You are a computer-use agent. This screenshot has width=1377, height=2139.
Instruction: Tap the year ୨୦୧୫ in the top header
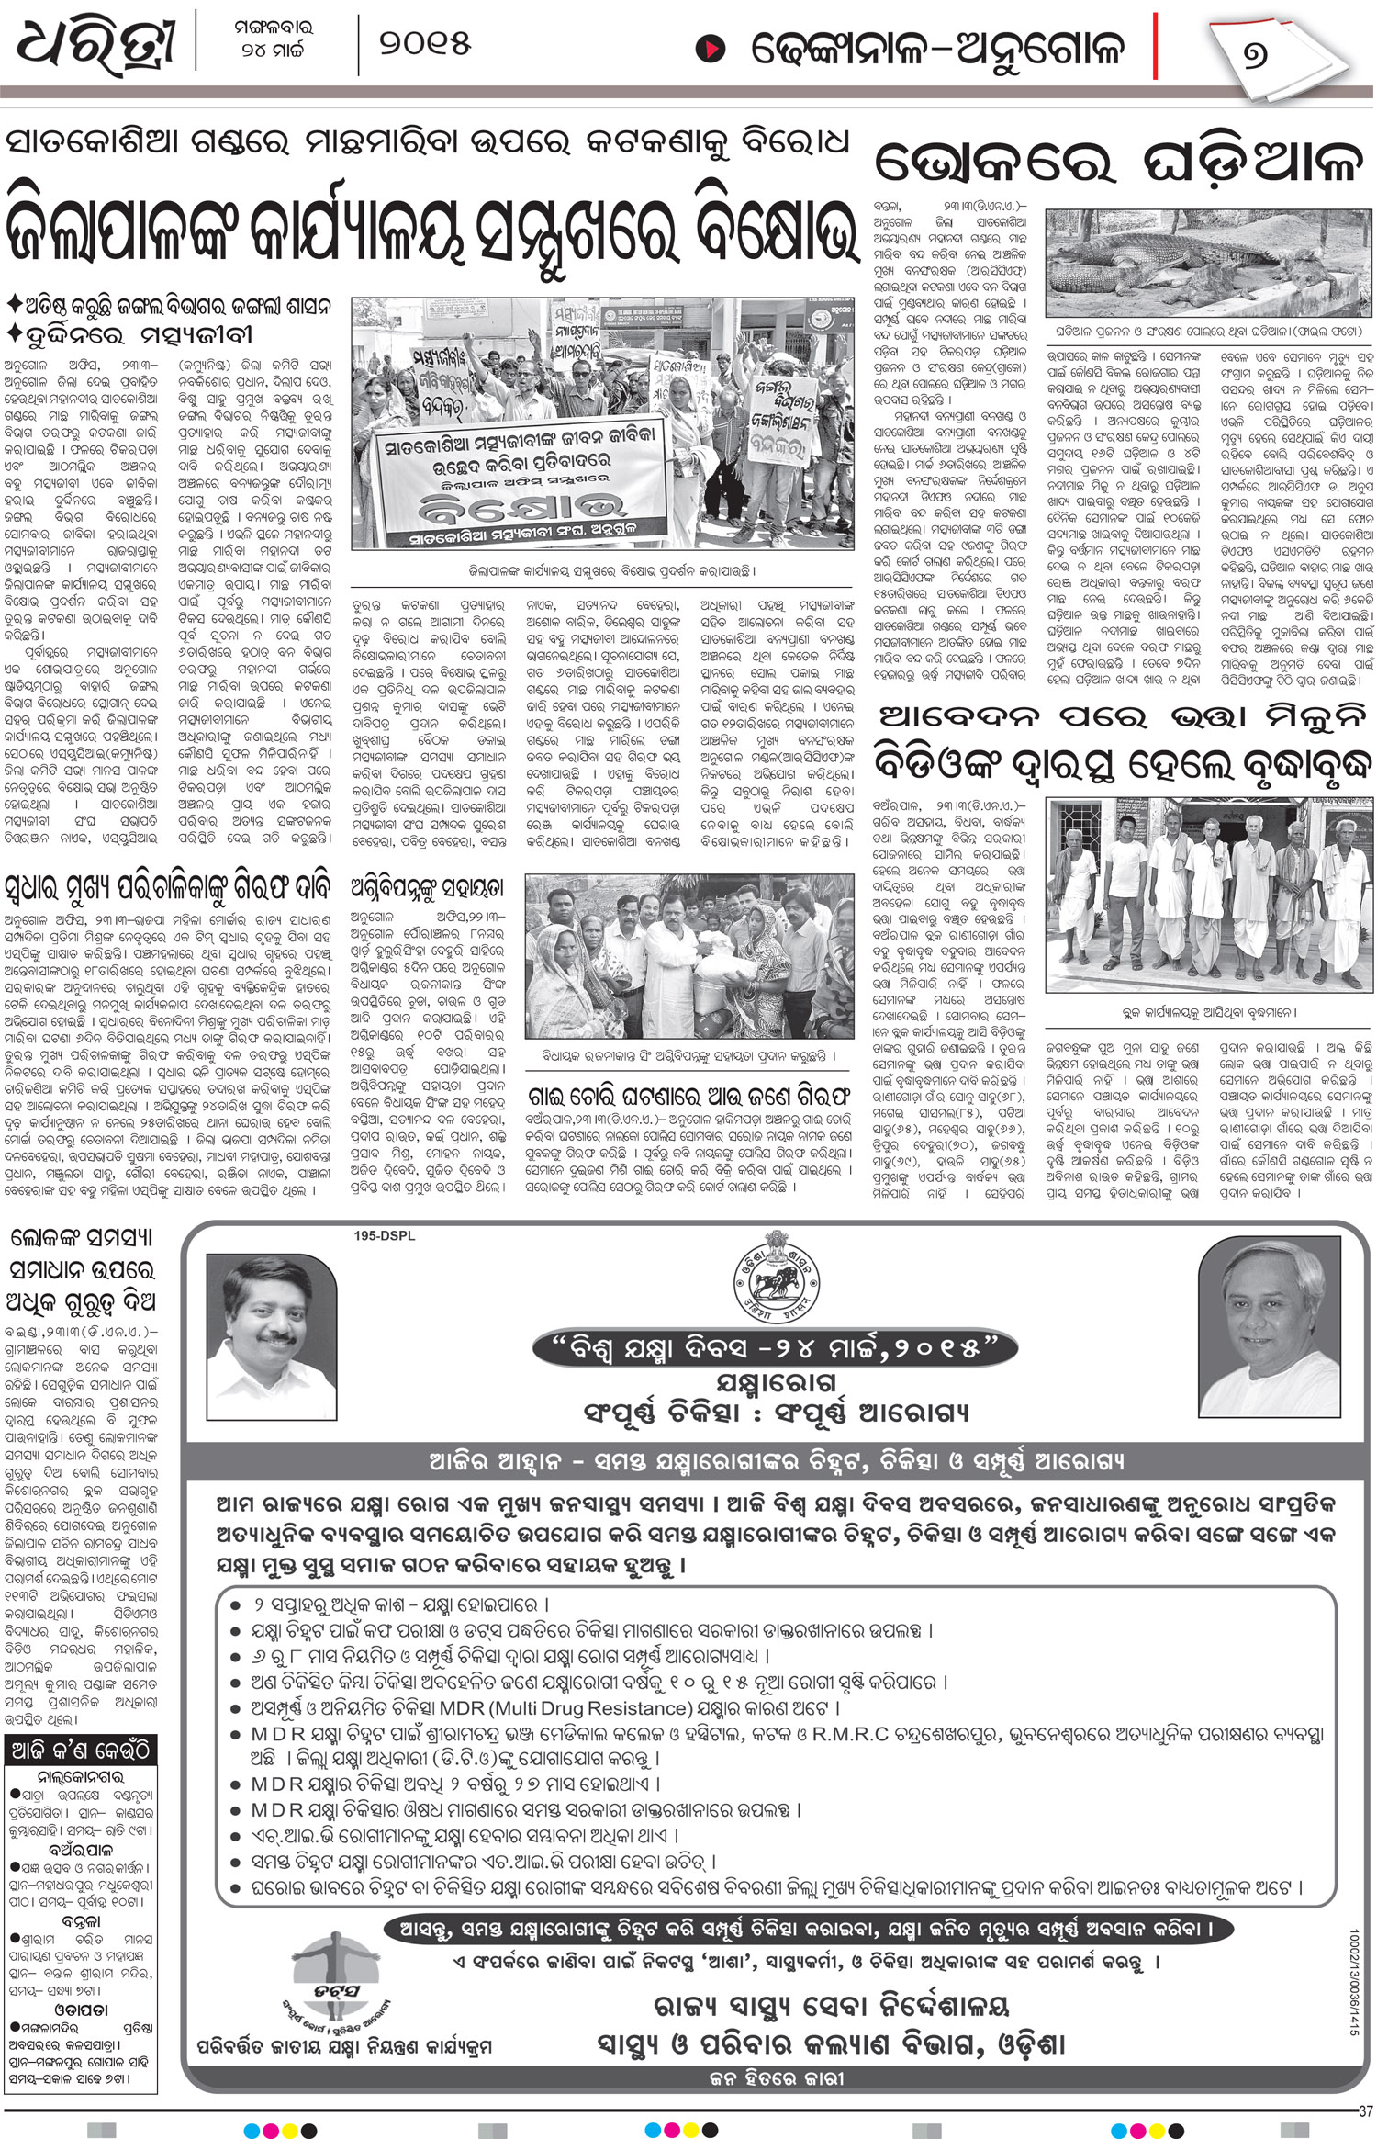424,43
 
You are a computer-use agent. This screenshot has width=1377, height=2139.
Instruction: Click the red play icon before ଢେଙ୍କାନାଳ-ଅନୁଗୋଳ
709,49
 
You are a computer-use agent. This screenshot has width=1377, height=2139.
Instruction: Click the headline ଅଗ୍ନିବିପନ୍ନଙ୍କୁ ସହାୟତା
427,887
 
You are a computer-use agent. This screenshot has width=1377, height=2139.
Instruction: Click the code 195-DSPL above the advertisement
384,1236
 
